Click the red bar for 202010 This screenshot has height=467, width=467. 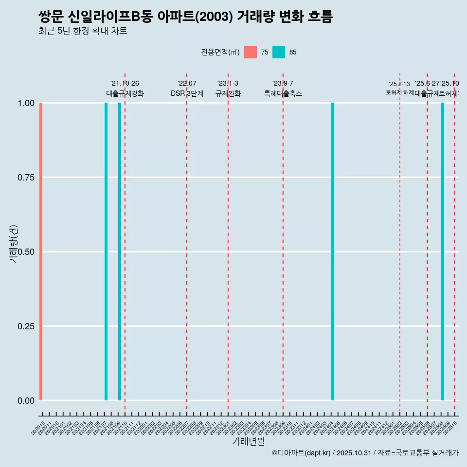(41, 251)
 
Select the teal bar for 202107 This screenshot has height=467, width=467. (106, 251)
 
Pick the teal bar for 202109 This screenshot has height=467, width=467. (120, 251)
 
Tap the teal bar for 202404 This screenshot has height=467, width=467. (333, 251)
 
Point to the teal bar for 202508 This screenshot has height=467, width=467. (443, 251)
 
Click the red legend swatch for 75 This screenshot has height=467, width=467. (251, 52)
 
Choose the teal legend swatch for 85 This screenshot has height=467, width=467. (279, 52)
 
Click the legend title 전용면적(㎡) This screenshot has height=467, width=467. (220, 52)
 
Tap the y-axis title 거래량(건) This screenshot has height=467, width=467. (14, 244)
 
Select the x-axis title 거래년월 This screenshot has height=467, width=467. (248, 442)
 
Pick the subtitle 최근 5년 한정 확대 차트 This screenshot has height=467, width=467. (83, 31)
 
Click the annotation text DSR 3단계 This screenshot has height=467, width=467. (187, 93)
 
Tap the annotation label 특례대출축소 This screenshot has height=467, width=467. (283, 93)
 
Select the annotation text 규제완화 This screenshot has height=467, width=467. (228, 93)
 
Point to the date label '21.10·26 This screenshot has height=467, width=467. (125, 84)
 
